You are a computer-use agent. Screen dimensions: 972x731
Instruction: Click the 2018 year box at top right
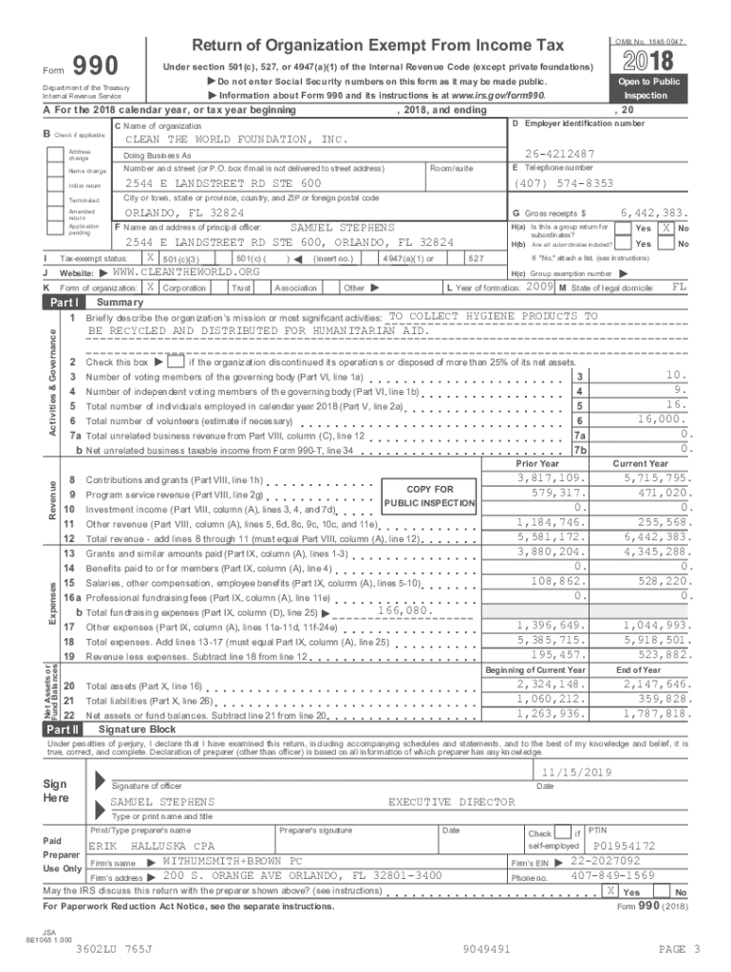click(x=652, y=62)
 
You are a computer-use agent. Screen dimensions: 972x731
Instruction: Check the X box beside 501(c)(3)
click(x=150, y=258)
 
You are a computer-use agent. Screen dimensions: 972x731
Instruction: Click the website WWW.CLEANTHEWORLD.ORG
click(x=179, y=272)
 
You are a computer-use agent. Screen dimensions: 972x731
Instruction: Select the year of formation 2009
click(x=540, y=286)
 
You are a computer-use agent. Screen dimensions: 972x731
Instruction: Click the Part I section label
click(x=65, y=302)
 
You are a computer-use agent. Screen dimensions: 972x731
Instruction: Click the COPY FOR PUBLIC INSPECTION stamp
click(x=430, y=495)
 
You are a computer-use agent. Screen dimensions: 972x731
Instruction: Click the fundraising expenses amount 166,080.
click(x=403, y=610)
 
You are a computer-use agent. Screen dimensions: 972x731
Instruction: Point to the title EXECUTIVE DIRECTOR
click(x=452, y=802)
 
